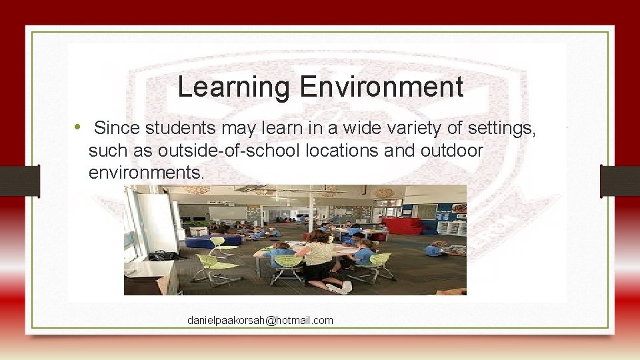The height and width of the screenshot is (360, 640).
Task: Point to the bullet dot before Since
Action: [78, 127]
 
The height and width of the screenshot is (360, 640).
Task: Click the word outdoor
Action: [452, 151]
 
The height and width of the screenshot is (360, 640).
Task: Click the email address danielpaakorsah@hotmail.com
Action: [260, 321]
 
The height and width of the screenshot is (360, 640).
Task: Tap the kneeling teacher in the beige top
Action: [319, 257]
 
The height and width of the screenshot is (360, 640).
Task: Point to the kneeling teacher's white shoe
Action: [346, 287]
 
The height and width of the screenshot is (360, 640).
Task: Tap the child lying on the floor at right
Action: [441, 250]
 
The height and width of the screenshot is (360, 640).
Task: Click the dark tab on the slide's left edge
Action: [19, 181]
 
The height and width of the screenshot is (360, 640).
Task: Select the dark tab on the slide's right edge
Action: [620, 181]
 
